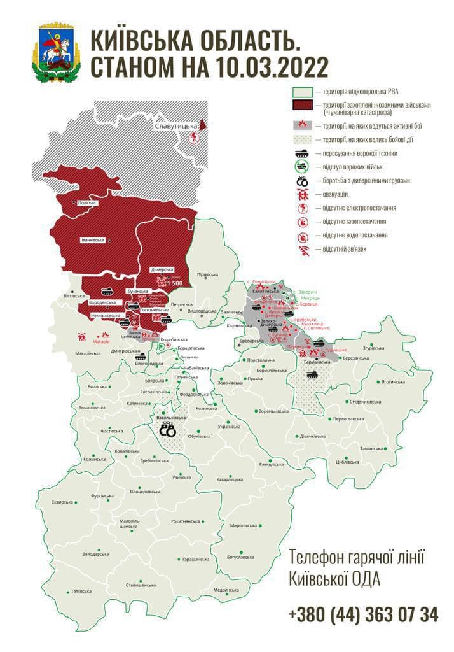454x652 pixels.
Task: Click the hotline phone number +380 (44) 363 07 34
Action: [362, 614]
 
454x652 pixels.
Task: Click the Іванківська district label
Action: [93, 240]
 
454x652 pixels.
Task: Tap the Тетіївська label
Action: [81, 592]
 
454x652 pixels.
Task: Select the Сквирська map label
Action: [62, 502]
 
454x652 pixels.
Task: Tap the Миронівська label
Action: [244, 525]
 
